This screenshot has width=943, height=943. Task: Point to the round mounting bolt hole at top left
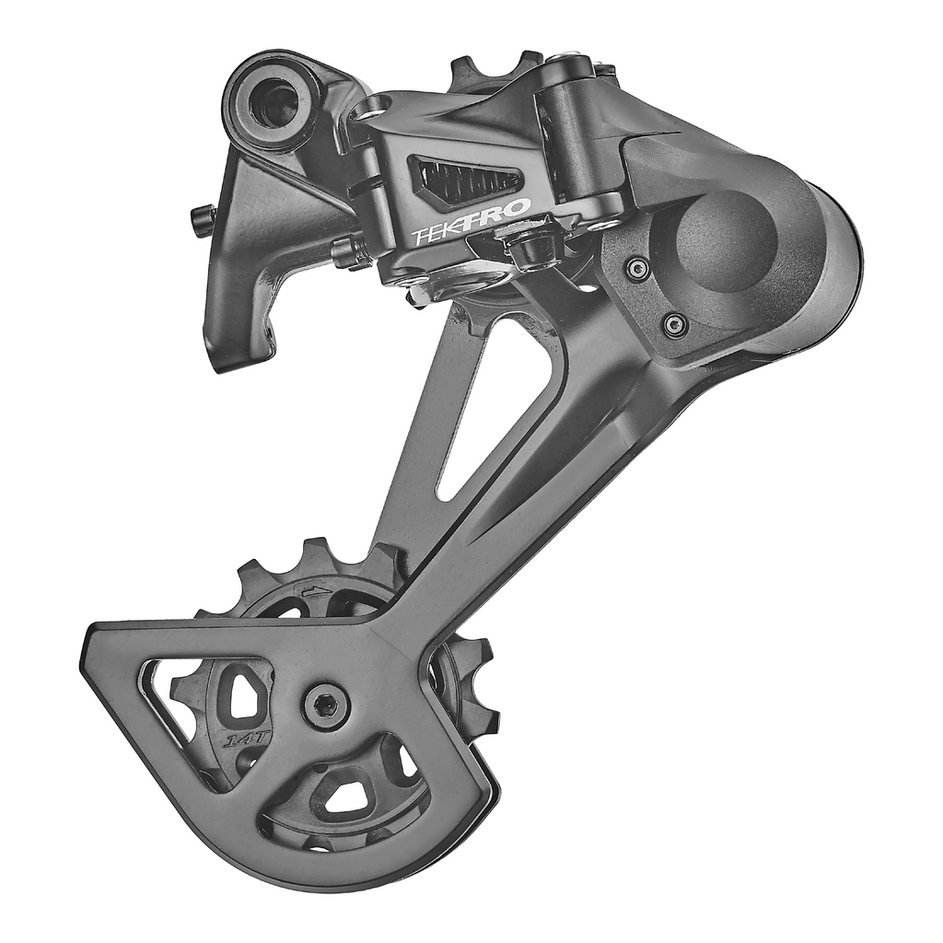(274, 102)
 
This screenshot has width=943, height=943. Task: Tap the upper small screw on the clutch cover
(636, 269)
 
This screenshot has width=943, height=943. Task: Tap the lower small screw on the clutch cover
(674, 323)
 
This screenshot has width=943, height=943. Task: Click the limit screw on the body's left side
(349, 251)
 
